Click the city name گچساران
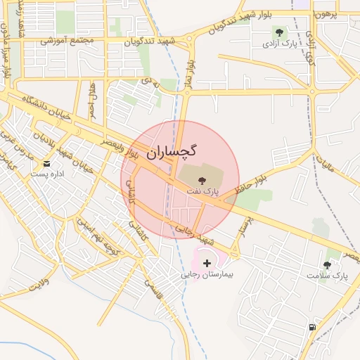click(172, 151)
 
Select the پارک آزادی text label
click(279, 44)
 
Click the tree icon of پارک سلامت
click(327, 265)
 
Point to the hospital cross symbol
click(206, 262)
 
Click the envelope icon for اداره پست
click(46, 164)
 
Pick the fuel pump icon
click(311, 327)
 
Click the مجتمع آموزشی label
click(67, 40)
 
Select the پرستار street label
click(245, 226)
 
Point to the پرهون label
click(328, 14)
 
